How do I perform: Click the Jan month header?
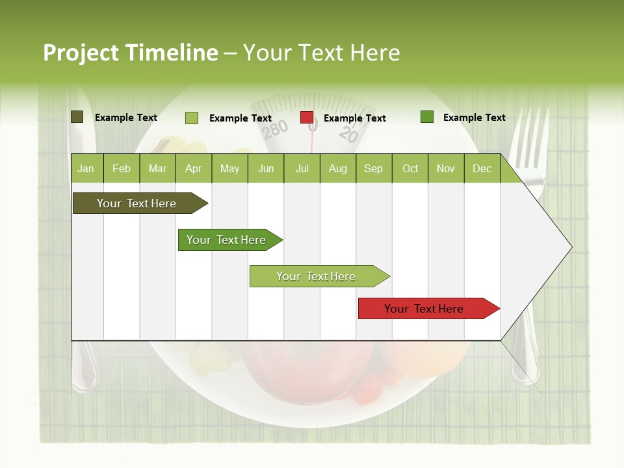86,168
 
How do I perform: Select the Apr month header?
193,168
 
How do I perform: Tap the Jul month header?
302,168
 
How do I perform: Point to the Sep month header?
373,168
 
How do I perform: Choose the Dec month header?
482,168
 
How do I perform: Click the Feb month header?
122,168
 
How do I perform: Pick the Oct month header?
410,168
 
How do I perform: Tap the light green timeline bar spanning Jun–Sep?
317,276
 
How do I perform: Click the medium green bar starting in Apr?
227,240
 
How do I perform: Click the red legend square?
307,118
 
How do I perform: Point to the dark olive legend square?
77,117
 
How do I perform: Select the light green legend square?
192,118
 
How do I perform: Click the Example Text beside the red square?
354,118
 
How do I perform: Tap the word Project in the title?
81,53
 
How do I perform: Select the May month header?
229,168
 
